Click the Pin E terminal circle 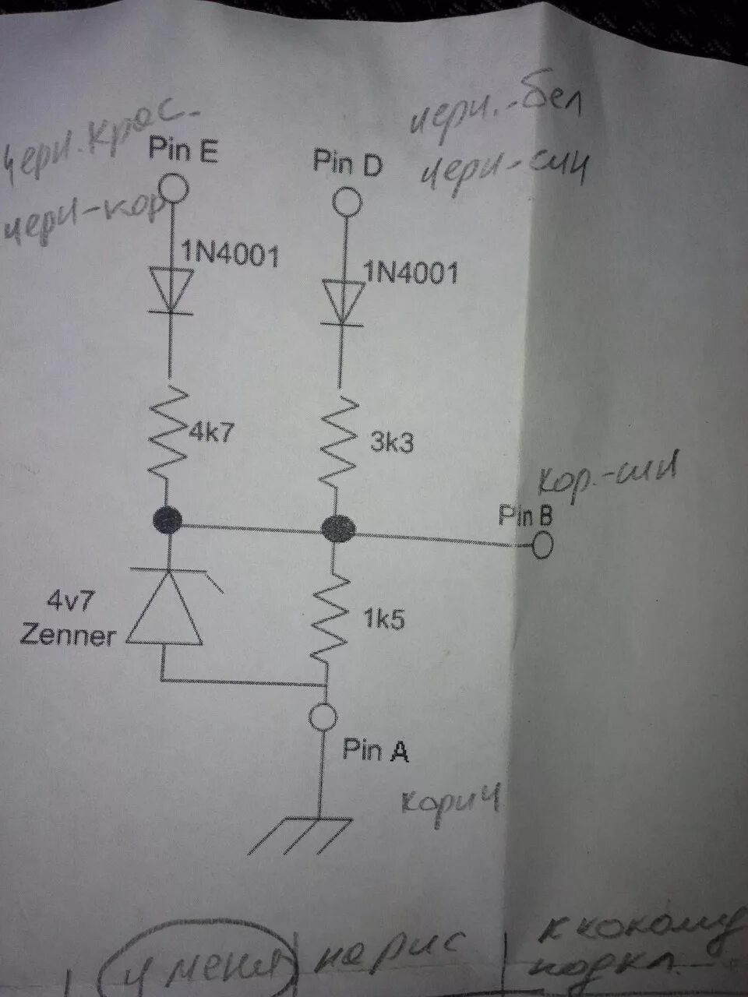[x=174, y=189]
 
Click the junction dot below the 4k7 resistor [x=168, y=519]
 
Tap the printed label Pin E [x=184, y=150]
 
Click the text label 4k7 [x=210, y=432]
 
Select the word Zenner [x=68, y=636]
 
